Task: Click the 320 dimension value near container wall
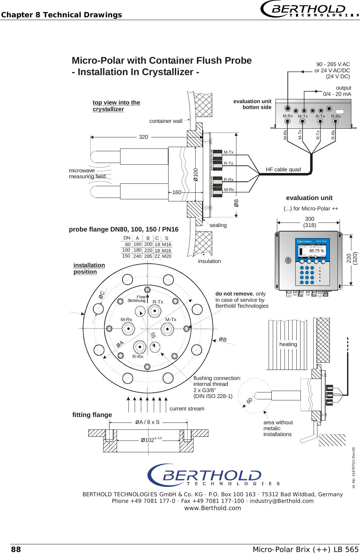coord(143,137)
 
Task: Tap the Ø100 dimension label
coord(196,175)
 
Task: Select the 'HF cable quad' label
coord(283,169)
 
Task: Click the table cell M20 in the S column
coord(166,256)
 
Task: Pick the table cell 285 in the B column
coord(148,256)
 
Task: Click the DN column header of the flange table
coord(127,238)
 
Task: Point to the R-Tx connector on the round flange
coord(155,311)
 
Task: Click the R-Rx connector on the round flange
coord(139,346)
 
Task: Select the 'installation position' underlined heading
coord(89,268)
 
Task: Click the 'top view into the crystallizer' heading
coord(116,106)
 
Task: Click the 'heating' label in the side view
coord(288,344)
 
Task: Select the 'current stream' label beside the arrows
coord(187,408)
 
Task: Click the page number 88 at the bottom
coord(16,549)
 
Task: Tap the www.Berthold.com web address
coord(213,508)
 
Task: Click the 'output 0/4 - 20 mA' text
coord(337,91)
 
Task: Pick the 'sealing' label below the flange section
coord(218,225)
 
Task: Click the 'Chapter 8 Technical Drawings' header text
coord(62,15)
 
